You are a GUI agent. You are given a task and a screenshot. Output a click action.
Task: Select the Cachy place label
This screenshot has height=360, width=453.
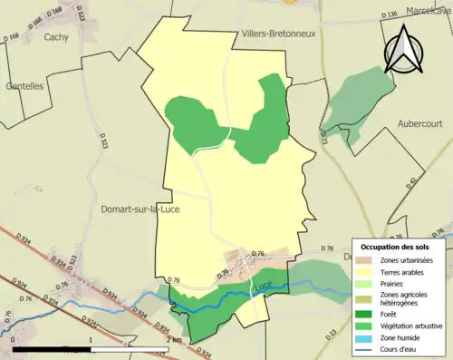(x=56, y=37)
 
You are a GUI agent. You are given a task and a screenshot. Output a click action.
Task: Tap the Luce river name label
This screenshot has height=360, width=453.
(x=263, y=287)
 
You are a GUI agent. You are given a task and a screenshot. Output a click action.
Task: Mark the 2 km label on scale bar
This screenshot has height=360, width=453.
(x=175, y=340)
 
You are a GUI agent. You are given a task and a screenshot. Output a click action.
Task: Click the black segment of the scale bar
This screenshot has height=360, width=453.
(x=53, y=348)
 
